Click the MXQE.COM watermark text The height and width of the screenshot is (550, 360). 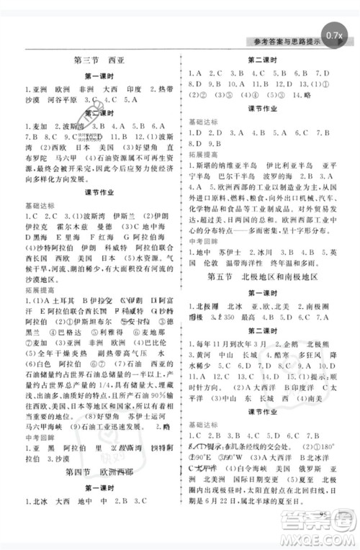(x=325, y=536)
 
